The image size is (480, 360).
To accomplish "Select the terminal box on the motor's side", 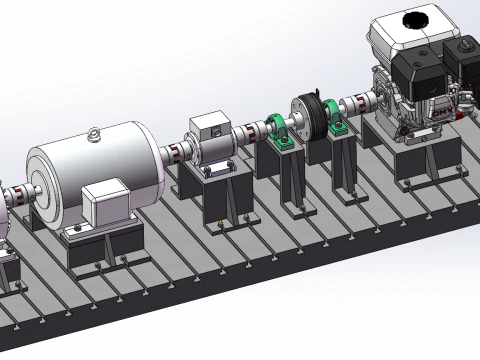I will (104, 203).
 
